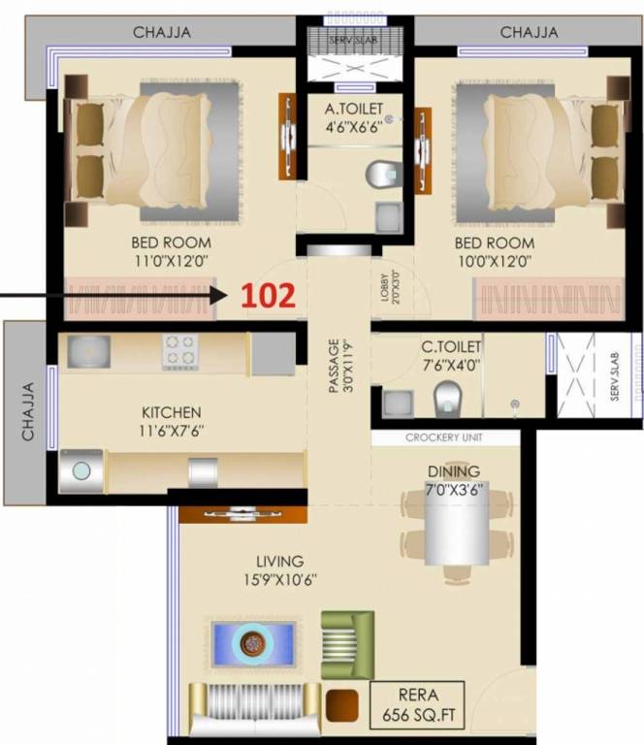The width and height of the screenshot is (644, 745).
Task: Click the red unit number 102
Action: tap(268, 296)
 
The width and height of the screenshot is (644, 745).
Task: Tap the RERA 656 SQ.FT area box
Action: tap(417, 705)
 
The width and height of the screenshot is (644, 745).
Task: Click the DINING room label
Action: tap(454, 471)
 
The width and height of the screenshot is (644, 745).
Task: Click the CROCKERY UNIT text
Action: tap(445, 437)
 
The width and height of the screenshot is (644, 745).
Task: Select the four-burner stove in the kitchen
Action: tap(180, 351)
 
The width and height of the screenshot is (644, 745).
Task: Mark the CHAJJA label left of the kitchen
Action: tap(27, 412)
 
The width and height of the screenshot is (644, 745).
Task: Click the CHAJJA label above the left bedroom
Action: tap(161, 32)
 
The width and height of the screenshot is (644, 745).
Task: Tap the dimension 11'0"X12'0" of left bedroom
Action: tap(170, 260)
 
